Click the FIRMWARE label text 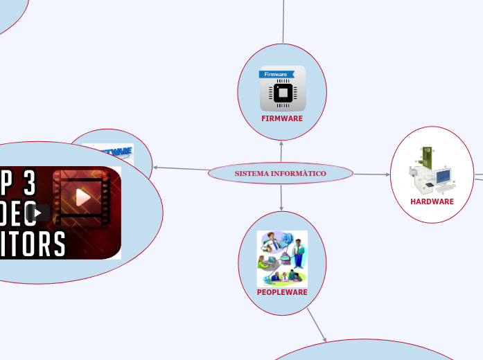tap(282, 118)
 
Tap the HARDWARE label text tap(432, 201)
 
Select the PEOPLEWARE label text tap(282, 292)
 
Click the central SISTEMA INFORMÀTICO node tap(280, 172)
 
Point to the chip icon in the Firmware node tap(282, 93)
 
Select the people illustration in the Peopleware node tap(281, 259)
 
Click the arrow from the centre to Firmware tap(282, 152)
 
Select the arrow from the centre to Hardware tap(372, 174)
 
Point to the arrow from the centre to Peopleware tap(281, 198)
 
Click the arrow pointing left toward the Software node tap(180, 168)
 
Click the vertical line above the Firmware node tap(283, 21)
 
